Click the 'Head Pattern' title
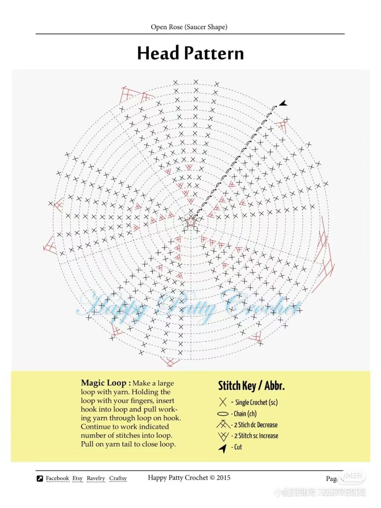click(x=190, y=53)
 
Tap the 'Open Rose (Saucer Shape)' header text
click(x=189, y=27)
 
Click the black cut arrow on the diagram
click(x=283, y=103)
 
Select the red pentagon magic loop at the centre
click(x=191, y=222)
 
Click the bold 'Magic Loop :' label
click(x=106, y=383)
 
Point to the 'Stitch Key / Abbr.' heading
click(x=251, y=386)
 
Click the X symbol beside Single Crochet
click(x=223, y=402)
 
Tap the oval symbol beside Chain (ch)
click(x=223, y=414)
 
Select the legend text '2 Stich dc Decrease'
click(x=256, y=425)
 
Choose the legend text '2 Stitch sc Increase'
click(x=256, y=436)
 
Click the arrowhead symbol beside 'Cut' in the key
click(x=223, y=448)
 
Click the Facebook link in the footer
click(x=58, y=478)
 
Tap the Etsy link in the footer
click(x=78, y=478)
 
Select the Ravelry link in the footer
click(x=96, y=478)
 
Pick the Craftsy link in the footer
click(x=118, y=478)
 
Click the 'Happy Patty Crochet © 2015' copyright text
click(x=189, y=478)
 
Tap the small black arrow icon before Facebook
click(x=40, y=479)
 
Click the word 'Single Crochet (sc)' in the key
click(x=256, y=403)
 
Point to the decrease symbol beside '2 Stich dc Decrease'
click(x=223, y=424)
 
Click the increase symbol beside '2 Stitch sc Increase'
click(x=223, y=436)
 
